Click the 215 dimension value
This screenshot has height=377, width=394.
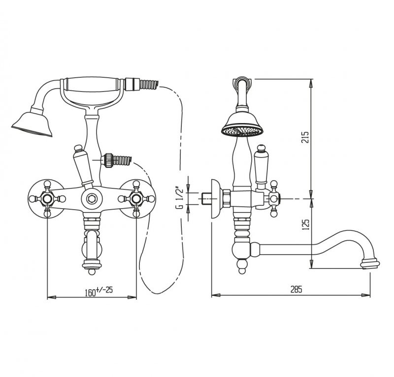[305, 137]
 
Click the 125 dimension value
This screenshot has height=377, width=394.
[305, 225]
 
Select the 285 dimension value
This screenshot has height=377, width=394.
[296, 289]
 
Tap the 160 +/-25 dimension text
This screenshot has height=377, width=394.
[99, 291]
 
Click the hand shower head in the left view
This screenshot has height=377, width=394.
[32, 125]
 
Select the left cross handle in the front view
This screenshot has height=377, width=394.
[47, 199]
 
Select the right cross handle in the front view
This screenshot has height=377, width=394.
[136, 199]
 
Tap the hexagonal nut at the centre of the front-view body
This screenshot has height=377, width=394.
[92, 199]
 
